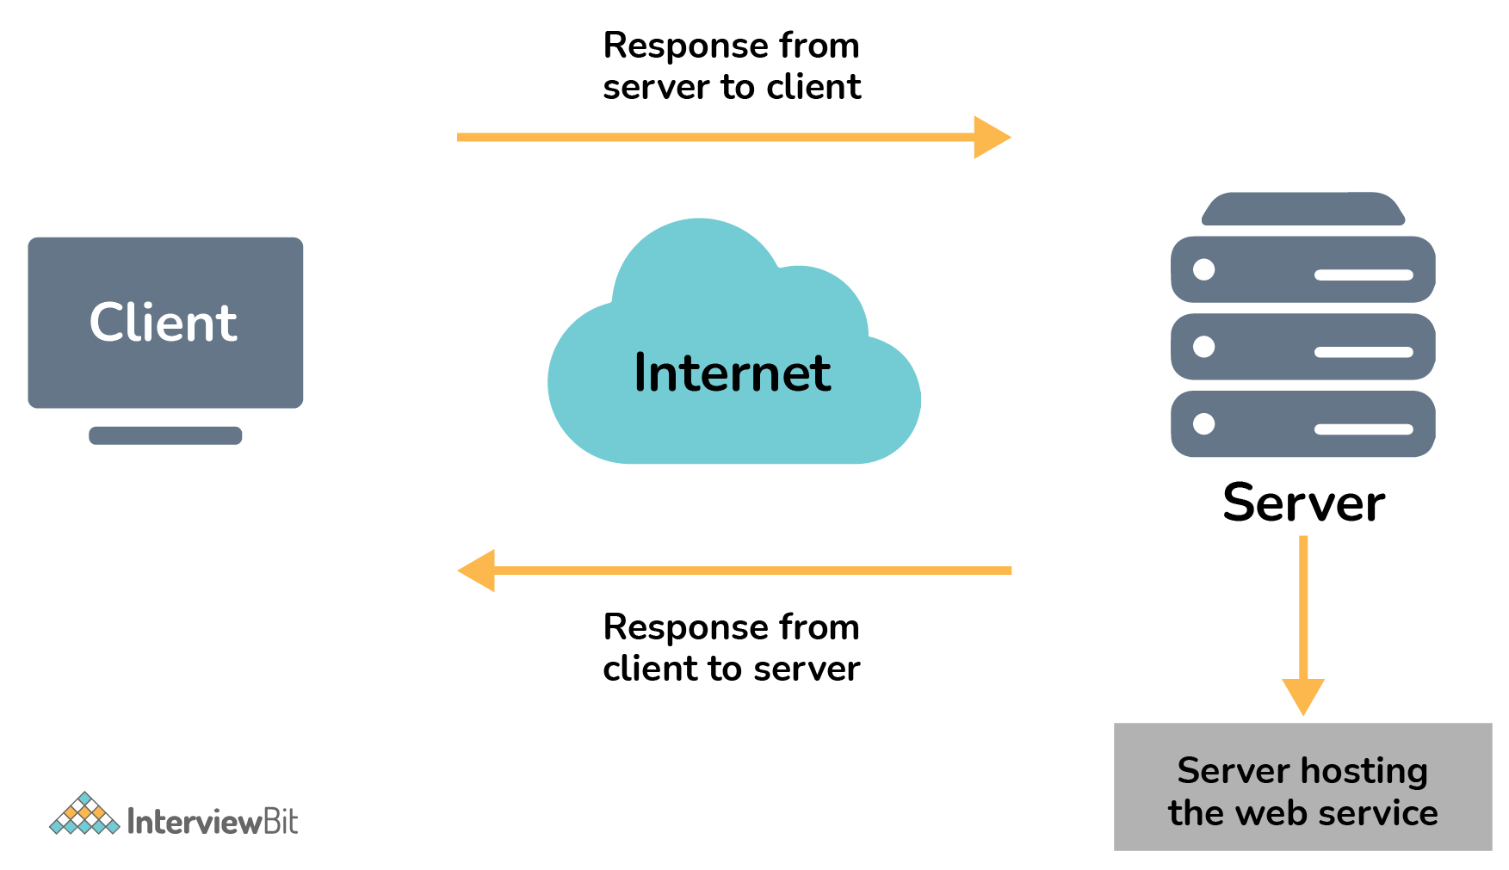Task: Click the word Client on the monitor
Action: click(x=164, y=324)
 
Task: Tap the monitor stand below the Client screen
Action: click(x=165, y=435)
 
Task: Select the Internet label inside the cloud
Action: click(x=732, y=373)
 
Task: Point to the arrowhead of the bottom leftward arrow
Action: click(x=478, y=571)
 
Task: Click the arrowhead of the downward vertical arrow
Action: click(x=1302, y=694)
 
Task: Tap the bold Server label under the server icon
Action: click(x=1302, y=503)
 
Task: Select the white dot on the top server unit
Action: click(x=1203, y=269)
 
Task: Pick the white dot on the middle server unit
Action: click(x=1203, y=347)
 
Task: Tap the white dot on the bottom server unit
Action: click(x=1203, y=423)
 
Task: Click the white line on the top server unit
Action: click(x=1364, y=275)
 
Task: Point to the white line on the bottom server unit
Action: click(x=1364, y=429)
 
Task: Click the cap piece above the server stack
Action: click(x=1302, y=210)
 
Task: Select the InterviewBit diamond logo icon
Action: click(x=83, y=814)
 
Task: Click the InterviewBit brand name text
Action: click(x=212, y=822)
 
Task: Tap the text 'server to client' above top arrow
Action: click(x=732, y=87)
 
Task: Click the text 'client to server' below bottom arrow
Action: click(x=732, y=669)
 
